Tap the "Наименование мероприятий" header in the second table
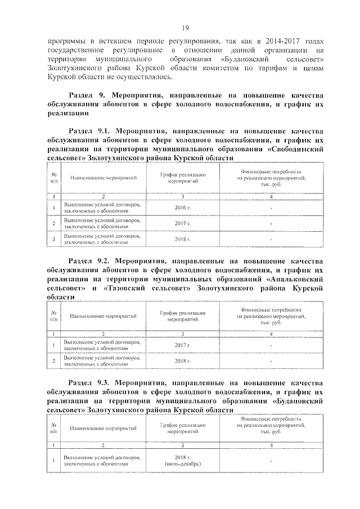pyautogui.click(x=103, y=317)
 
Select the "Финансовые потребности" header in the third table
pyautogui.click(x=271, y=419)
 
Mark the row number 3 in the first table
pyautogui.click(x=53, y=239)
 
